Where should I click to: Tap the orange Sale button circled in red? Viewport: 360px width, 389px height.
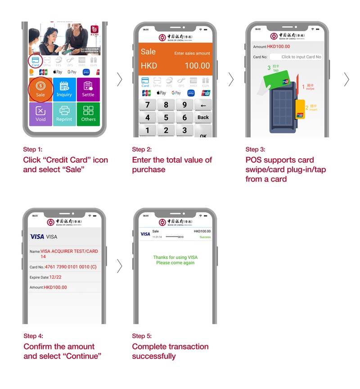tap(40, 89)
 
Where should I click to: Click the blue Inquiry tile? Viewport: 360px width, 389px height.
tap(64, 89)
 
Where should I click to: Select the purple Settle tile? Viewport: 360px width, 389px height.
tap(88, 89)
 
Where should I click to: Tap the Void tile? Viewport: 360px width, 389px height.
tap(40, 114)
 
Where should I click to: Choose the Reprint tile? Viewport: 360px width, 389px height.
tap(64, 114)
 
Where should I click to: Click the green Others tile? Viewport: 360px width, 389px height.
tap(88, 114)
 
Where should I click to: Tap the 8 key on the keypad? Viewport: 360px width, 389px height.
tap(166, 105)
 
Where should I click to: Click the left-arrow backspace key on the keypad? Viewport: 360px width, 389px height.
tap(203, 105)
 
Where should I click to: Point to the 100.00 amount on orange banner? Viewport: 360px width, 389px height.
tap(197, 66)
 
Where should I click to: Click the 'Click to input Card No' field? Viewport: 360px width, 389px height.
tap(296, 57)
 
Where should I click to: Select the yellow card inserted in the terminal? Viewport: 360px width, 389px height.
tap(300, 109)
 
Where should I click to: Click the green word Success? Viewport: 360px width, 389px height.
tap(205, 237)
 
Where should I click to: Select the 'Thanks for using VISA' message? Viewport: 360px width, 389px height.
tap(175, 258)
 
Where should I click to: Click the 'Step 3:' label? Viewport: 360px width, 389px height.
tap(255, 149)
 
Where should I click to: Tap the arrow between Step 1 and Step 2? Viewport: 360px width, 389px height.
tap(119, 79)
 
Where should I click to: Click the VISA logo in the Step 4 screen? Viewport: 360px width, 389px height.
tap(37, 237)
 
